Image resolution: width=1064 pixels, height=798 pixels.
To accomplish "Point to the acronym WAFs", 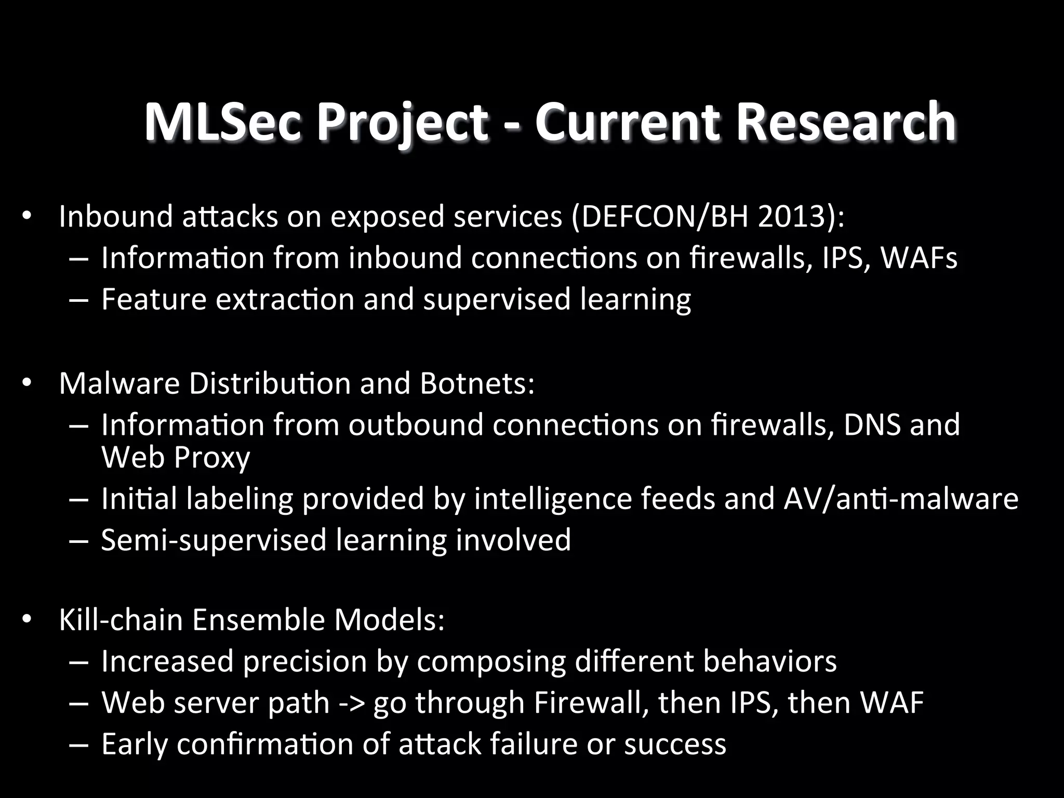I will click(x=919, y=258).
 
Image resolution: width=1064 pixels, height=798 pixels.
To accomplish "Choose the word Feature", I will click(x=154, y=300).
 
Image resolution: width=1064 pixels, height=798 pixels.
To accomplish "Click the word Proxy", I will click(x=212, y=457).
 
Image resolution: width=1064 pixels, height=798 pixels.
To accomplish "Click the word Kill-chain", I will click(x=121, y=620).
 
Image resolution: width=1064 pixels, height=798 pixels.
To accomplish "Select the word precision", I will click(x=305, y=662).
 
